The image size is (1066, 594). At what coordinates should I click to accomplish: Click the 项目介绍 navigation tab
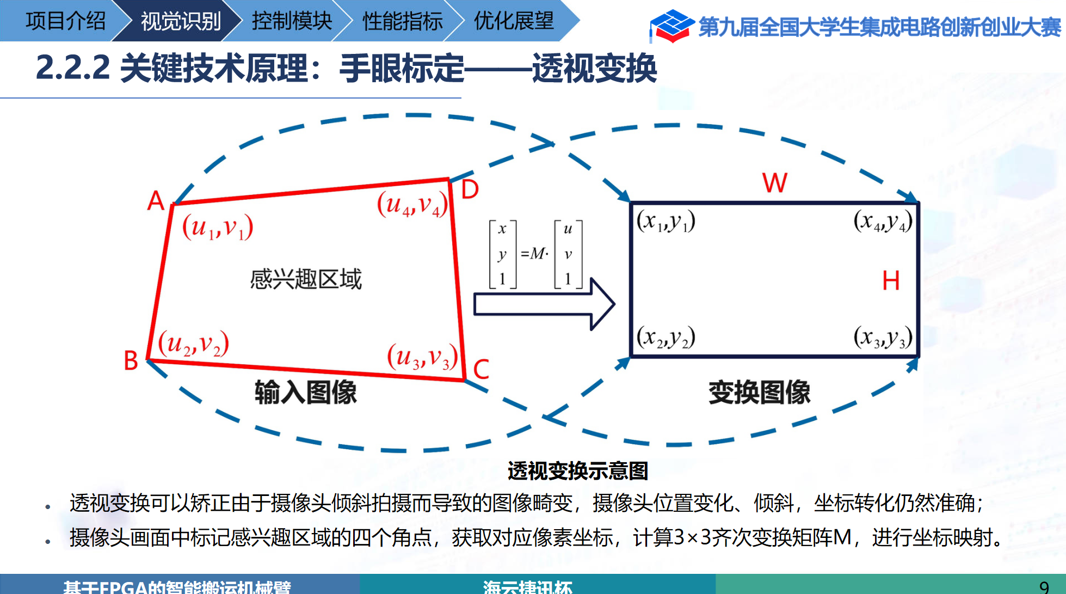[65, 21]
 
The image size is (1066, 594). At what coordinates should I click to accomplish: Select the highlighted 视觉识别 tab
[181, 21]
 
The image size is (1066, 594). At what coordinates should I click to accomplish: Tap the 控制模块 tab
[292, 21]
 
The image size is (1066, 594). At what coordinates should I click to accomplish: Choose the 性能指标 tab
[403, 21]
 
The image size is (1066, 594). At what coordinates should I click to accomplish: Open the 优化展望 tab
[514, 21]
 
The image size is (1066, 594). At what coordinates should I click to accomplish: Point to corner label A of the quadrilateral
[156, 201]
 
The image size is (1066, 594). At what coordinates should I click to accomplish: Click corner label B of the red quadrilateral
[131, 360]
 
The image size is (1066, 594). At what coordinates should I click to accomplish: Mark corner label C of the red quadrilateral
[481, 369]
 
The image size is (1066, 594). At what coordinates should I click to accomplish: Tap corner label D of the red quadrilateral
[470, 189]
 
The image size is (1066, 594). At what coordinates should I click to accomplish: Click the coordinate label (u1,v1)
[218, 228]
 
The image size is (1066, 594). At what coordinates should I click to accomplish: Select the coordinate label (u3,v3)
[422, 357]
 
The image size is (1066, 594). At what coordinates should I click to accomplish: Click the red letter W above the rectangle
[774, 183]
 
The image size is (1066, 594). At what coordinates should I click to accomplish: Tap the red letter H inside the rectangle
[891, 281]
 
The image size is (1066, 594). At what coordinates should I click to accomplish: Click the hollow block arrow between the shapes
[544, 304]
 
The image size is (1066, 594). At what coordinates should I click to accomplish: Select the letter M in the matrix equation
[538, 253]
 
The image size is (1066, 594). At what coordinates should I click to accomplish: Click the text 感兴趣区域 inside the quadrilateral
[306, 279]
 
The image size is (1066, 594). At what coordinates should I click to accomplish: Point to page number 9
[1044, 587]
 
